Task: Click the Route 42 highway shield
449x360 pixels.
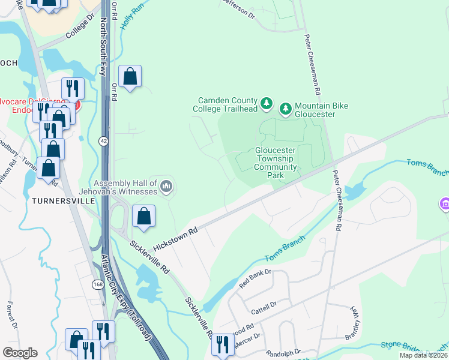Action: click(x=103, y=140)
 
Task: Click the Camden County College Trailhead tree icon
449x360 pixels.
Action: click(x=267, y=107)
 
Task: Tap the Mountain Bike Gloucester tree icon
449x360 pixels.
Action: click(x=285, y=108)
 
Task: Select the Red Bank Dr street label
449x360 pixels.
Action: click(x=255, y=280)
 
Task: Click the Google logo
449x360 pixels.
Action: click(x=20, y=353)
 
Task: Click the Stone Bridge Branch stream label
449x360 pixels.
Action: click(x=414, y=349)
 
